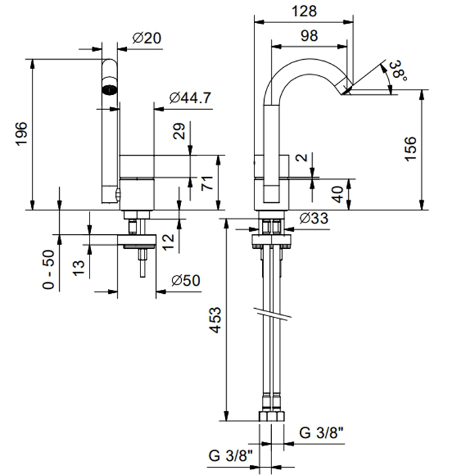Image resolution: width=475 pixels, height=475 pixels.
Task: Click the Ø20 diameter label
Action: (x=147, y=39)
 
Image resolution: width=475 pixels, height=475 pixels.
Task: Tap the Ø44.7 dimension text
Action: (x=191, y=98)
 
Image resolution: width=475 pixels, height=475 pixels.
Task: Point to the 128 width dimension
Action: (x=306, y=11)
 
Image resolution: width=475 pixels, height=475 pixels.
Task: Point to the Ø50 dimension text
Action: (x=186, y=280)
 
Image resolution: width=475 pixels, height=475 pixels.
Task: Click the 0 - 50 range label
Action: (x=48, y=269)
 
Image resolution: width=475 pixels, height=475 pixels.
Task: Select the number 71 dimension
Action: (x=208, y=182)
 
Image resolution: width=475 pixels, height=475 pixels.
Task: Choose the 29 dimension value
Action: (x=179, y=131)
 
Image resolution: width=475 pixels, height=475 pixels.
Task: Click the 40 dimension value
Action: (x=337, y=194)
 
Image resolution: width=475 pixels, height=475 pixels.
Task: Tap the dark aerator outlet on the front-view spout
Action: (x=109, y=87)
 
